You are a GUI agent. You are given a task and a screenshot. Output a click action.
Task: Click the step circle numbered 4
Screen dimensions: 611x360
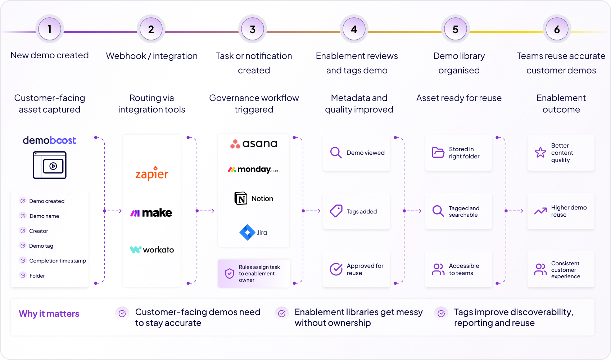(x=354, y=29)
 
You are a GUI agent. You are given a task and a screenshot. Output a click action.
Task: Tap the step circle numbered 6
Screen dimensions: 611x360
(x=557, y=29)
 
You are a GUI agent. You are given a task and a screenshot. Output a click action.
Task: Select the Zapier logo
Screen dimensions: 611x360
(x=151, y=173)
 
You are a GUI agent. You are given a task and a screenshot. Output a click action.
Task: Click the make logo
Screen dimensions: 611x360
(x=151, y=213)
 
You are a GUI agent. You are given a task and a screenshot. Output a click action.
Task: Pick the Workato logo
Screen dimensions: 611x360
(x=151, y=249)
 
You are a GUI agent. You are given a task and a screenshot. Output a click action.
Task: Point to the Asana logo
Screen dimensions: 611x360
(x=254, y=144)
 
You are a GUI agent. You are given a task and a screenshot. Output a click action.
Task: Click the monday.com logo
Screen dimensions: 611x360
(x=254, y=170)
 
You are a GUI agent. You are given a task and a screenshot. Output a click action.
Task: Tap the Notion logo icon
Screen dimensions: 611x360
(x=241, y=198)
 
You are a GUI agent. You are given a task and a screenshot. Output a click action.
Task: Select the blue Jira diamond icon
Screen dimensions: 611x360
(x=247, y=233)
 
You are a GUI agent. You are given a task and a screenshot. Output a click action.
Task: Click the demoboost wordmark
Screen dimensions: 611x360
(x=49, y=140)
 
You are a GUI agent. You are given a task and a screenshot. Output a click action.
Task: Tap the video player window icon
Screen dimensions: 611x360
(x=50, y=165)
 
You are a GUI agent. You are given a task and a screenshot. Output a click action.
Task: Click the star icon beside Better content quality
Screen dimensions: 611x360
(x=540, y=152)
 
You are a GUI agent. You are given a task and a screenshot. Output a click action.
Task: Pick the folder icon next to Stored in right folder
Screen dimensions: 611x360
(x=438, y=152)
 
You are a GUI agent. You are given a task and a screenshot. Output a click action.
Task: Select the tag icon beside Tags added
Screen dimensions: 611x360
(x=336, y=211)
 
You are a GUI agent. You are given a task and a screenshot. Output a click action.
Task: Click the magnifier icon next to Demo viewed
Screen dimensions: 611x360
(x=336, y=153)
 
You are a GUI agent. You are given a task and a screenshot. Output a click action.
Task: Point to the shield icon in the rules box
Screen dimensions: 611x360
(x=230, y=273)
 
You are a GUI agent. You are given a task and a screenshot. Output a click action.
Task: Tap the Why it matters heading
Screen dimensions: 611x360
(x=49, y=314)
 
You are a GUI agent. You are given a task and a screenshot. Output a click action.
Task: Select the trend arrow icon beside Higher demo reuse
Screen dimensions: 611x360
(x=540, y=211)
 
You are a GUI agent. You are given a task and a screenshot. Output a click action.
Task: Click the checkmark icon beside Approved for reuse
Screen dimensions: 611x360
(x=336, y=269)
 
